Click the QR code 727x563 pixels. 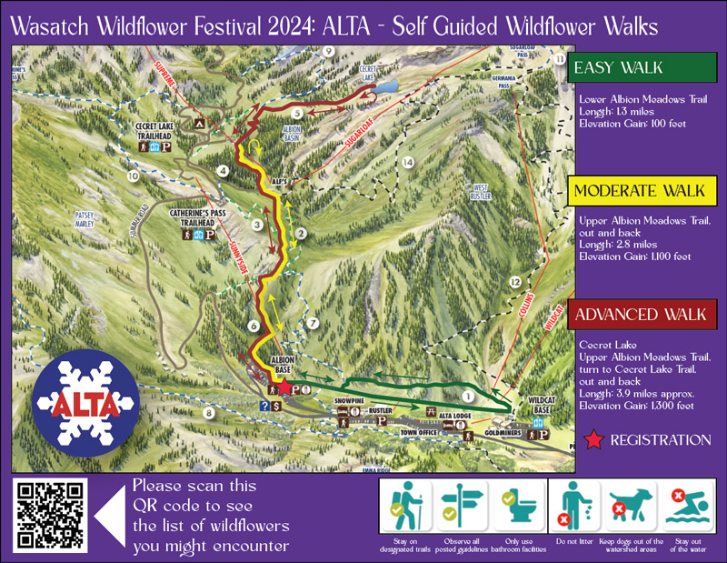click(x=51, y=517)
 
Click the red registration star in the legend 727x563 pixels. click(x=593, y=440)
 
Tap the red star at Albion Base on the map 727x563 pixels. click(x=284, y=387)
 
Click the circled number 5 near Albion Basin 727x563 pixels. click(x=297, y=113)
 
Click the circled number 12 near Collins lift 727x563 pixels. click(x=516, y=282)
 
